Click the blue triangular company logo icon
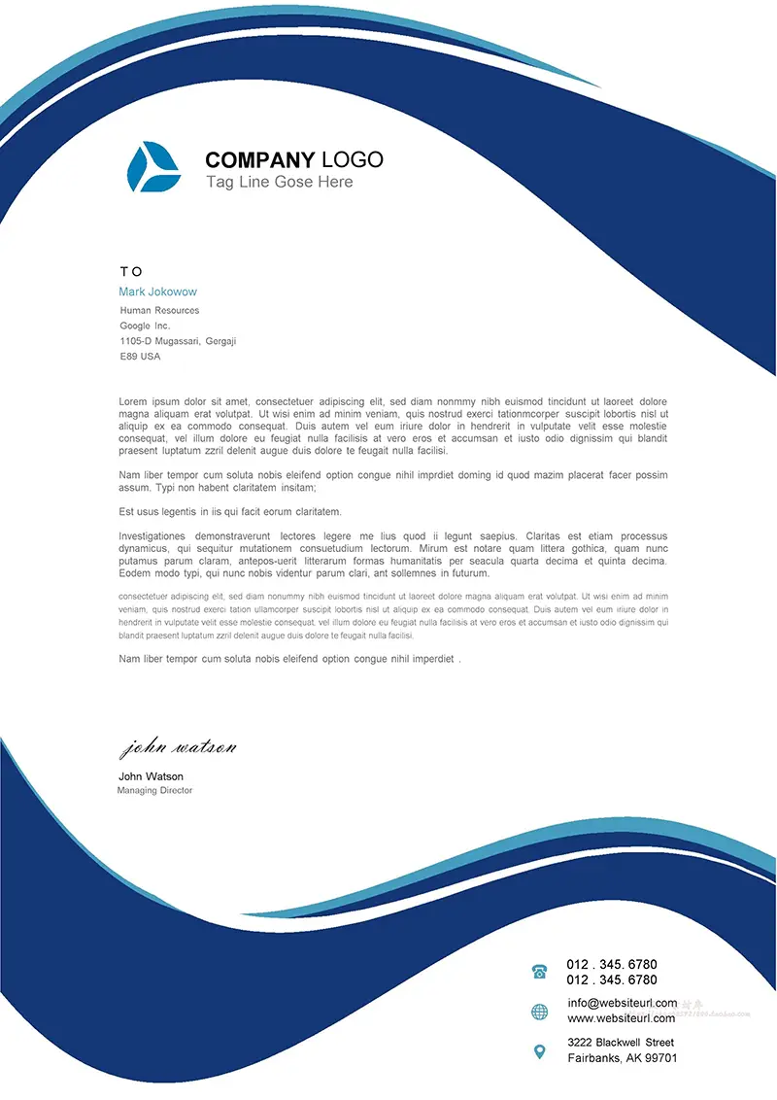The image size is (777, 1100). point(153,166)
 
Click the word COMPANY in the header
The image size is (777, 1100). point(260,160)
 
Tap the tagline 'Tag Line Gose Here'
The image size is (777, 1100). point(279,182)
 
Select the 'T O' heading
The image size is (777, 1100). point(131,272)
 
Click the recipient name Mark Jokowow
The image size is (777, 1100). point(157,292)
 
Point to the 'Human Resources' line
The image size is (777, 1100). point(159,311)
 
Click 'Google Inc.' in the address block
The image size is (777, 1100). point(145,327)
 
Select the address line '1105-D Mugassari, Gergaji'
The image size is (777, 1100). point(178,341)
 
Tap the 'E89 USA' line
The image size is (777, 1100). point(140,357)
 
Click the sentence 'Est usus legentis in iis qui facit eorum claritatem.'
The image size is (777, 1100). point(230,512)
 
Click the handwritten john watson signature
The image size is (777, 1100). point(179,748)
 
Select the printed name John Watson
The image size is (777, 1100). point(151,776)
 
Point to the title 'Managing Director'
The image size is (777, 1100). point(154,791)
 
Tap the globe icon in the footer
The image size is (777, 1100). point(540,1013)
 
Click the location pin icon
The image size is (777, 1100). point(540,1050)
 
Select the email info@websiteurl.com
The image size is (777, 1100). point(623,1003)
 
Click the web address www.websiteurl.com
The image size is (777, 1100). point(622,1018)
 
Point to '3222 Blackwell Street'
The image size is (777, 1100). point(621,1043)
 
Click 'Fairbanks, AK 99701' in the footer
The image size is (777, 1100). point(623,1058)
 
